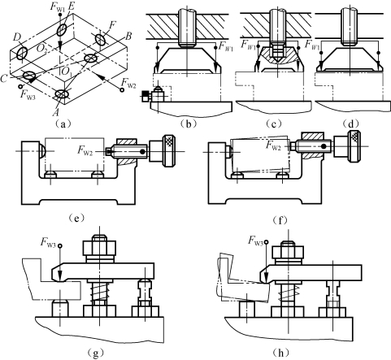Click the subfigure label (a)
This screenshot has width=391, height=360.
coord(63,124)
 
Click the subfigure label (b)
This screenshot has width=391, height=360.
coord(189,124)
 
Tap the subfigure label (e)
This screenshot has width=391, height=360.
coord(77,218)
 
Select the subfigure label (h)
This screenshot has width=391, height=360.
coord(280,353)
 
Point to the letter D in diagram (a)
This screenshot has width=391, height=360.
coord(18,38)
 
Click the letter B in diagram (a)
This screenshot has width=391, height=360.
coord(128,36)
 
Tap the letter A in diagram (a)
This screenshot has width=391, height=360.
coord(55,111)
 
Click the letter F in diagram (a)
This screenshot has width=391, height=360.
coord(111,26)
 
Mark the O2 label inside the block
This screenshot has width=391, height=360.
coord(41,49)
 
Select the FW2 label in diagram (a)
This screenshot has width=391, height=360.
coord(128,81)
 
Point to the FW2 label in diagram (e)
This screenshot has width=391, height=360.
coord(85,150)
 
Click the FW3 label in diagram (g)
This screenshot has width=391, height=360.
coord(48,242)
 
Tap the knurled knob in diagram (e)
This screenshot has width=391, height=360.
coord(169,150)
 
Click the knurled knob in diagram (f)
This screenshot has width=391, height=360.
coord(354,146)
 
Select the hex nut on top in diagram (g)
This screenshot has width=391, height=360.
coord(99,247)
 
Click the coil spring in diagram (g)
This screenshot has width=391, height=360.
coord(99,292)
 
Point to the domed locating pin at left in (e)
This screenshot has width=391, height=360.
coord(42,150)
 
